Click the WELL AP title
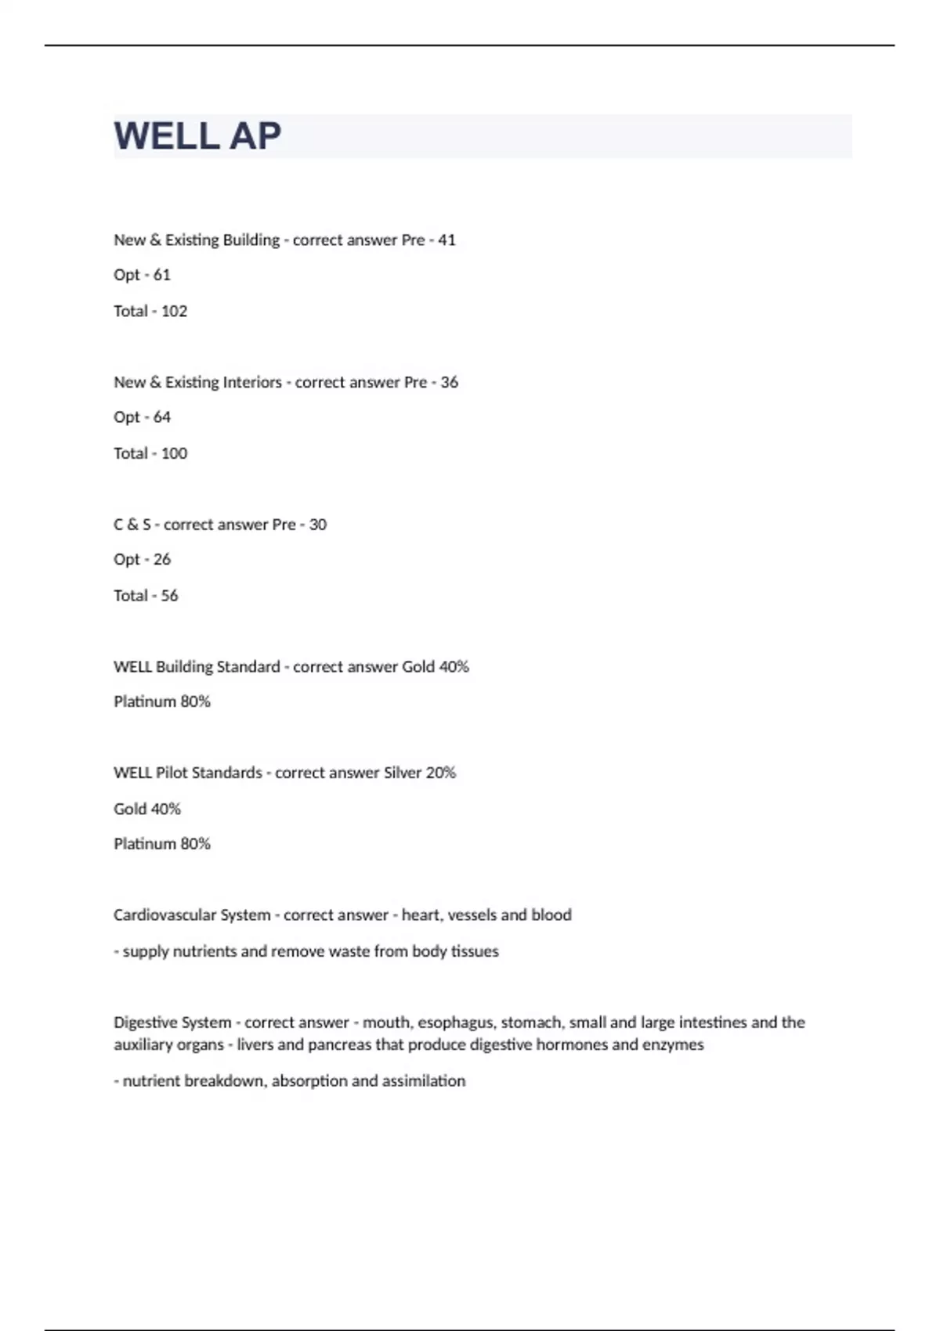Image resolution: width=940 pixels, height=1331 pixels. coord(197,136)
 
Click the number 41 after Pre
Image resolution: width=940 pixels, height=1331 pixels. coord(446,240)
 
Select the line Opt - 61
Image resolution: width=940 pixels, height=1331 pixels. coord(142,275)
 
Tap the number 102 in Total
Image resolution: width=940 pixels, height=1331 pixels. coord(174,311)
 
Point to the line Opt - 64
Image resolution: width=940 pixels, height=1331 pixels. coord(142,417)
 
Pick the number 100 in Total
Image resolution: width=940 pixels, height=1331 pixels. coord(174,453)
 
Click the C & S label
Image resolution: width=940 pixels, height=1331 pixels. coord(132,525)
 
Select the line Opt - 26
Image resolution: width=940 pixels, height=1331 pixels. coord(142,559)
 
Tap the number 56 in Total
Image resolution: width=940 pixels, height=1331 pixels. coord(169,596)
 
